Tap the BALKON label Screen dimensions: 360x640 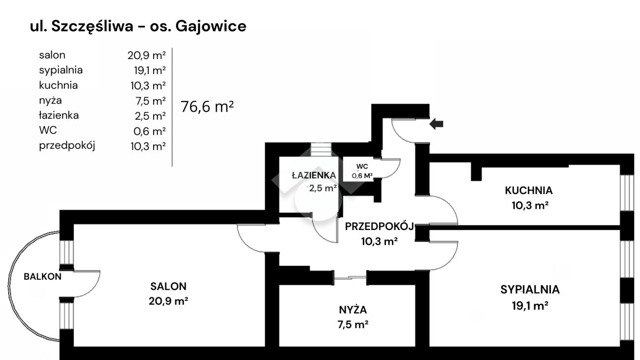pyautogui.click(x=43, y=276)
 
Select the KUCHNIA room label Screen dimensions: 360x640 pyautogui.click(x=528, y=190)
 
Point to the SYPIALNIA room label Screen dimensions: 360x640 pyautogui.click(x=530, y=290)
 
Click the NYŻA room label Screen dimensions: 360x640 pyautogui.click(x=352, y=310)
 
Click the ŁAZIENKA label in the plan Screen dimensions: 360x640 pyautogui.click(x=314, y=175)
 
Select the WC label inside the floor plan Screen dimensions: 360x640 pyautogui.click(x=362, y=166)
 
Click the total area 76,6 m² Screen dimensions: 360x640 pyautogui.click(x=207, y=106)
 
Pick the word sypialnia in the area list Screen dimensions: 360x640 pyautogui.click(x=61, y=70)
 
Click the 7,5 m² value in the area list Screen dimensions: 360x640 pyautogui.click(x=146, y=101)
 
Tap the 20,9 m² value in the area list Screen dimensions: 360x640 pyautogui.click(x=146, y=55)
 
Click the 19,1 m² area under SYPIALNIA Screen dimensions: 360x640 pyautogui.click(x=530, y=305)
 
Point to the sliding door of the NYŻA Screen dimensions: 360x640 pyautogui.click(x=351, y=277)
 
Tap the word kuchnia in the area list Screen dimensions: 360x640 pyautogui.click(x=58, y=85)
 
